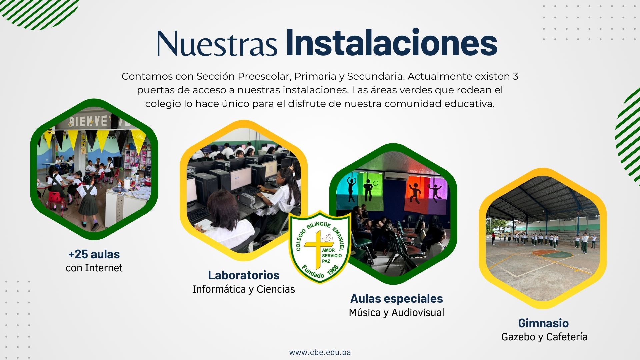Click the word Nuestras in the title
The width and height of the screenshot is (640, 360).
click(217, 44)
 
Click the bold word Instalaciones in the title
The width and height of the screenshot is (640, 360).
click(392, 43)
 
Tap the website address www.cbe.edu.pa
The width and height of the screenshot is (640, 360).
click(320, 352)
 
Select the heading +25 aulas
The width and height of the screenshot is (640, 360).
click(94, 254)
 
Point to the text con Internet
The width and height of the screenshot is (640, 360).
click(94, 268)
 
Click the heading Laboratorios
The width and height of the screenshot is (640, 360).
click(244, 275)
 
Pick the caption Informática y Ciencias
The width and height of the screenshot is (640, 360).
click(244, 289)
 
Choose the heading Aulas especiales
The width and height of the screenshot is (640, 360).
click(397, 299)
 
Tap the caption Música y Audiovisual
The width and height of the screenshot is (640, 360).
click(397, 313)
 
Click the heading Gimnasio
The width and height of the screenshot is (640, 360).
click(543, 323)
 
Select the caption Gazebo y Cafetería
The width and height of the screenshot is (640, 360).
click(544, 337)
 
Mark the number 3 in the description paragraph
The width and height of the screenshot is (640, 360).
click(515, 76)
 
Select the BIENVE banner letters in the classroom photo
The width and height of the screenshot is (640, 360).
click(88, 121)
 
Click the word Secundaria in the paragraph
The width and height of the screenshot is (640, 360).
click(376, 76)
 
